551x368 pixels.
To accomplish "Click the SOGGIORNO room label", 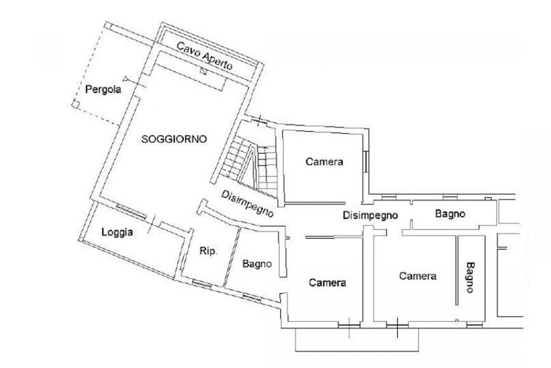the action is pos(174,139).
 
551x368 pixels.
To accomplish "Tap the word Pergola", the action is pos(103,89).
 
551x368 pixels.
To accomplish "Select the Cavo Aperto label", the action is pos(204,56).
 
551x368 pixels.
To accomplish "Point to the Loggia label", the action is pos(117,232).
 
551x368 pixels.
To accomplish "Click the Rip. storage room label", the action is pos(209,251).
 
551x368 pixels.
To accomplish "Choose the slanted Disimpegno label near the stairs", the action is pos(248,204).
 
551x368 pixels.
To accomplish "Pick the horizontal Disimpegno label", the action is pos(370,215).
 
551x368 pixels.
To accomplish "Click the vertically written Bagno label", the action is pos(470,277).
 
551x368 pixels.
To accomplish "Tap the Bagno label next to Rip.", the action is pos(257,264).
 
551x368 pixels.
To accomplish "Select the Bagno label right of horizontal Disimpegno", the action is pos(450,214).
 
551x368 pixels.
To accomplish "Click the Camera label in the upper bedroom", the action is pos(324,162).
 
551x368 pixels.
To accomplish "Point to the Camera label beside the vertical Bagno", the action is pos(418,276).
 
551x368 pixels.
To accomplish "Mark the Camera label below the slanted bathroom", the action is pos(328,283).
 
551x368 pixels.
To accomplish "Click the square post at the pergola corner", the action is pos(75,105).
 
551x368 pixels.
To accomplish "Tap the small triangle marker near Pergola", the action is pos(126,79).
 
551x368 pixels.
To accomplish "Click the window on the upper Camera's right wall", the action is pos(366,161).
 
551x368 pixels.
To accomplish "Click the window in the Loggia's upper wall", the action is pos(131,212).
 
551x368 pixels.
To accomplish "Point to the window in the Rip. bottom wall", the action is pos(202,284).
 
